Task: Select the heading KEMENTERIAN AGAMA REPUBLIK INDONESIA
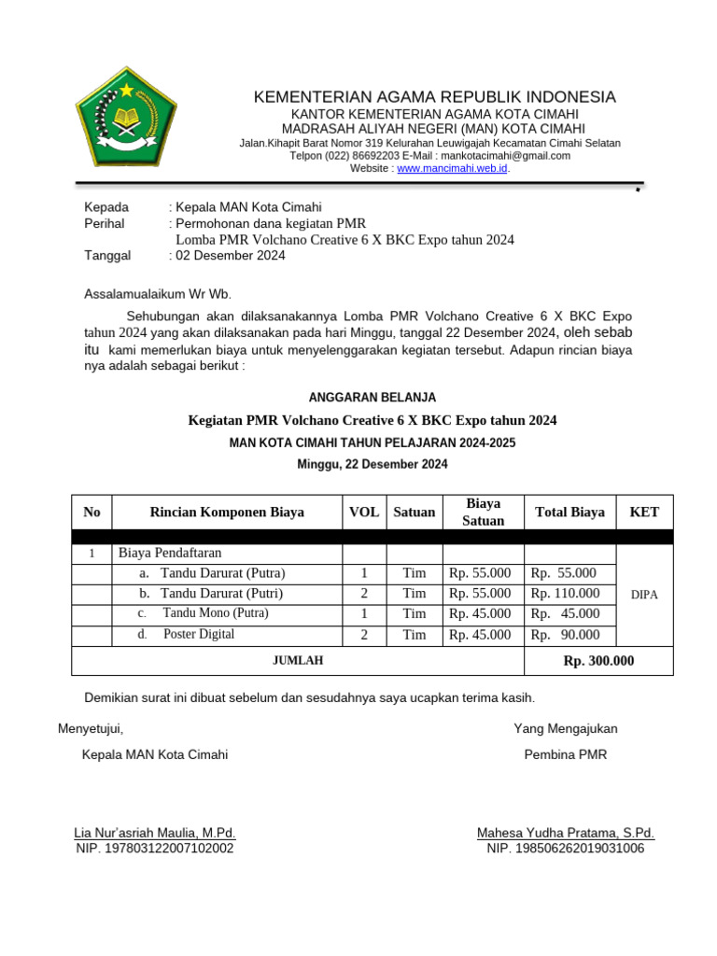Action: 435,97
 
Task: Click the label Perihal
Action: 105,224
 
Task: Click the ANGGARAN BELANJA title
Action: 373,398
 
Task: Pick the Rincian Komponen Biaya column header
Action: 227,513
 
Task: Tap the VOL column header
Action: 364,513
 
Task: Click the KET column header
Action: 644,513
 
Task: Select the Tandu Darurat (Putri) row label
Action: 222,594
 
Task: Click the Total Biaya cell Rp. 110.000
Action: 565,594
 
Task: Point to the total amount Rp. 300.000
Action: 598,661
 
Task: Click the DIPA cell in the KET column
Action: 644,595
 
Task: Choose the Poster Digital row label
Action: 199,635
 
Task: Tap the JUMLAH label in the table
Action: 298,661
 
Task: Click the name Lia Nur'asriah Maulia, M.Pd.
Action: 155,833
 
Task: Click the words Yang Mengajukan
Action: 565,728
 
